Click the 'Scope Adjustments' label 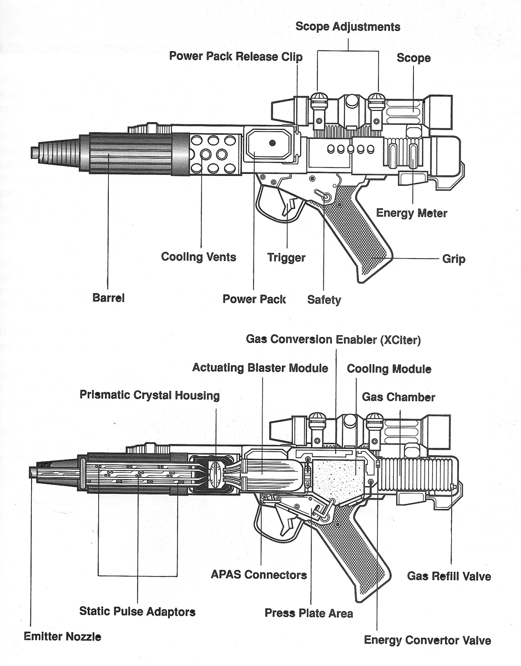pyautogui.click(x=347, y=26)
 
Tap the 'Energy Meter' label pyautogui.click(x=411, y=213)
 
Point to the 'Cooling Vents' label pyautogui.click(x=199, y=257)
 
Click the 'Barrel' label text pyautogui.click(x=108, y=298)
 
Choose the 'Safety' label pyautogui.click(x=324, y=300)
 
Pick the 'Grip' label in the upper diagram pyautogui.click(x=453, y=259)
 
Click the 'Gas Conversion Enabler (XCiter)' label pyautogui.click(x=333, y=340)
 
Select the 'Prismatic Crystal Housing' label pyautogui.click(x=149, y=396)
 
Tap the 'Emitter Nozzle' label pyautogui.click(x=62, y=637)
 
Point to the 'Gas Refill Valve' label pyautogui.click(x=449, y=576)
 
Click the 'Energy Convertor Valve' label pyautogui.click(x=427, y=640)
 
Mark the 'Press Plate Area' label pyautogui.click(x=308, y=613)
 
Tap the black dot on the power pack pyautogui.click(x=272, y=143)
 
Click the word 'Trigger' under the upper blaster pyautogui.click(x=286, y=258)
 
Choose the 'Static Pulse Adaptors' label pyautogui.click(x=137, y=612)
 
